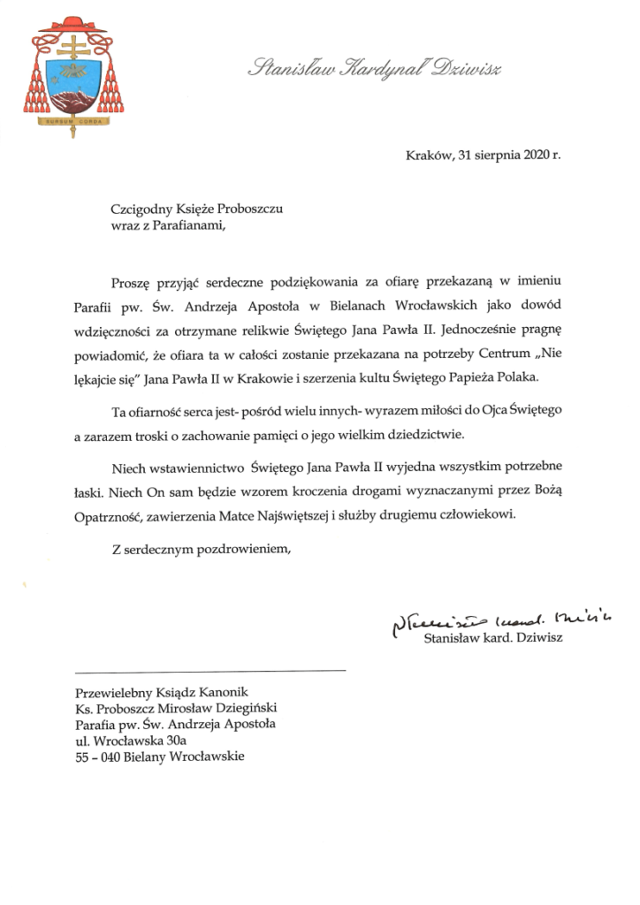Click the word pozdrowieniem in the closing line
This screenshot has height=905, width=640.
tap(249, 550)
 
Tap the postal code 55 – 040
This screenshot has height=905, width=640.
tap(96, 757)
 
